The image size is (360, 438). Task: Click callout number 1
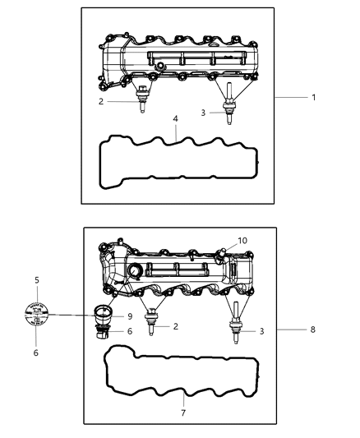(x=313, y=97)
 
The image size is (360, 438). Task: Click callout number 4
(x=174, y=120)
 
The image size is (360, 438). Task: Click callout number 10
(x=219, y=241)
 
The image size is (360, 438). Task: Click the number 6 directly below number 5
(x=37, y=353)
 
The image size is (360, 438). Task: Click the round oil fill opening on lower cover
(x=135, y=273)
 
